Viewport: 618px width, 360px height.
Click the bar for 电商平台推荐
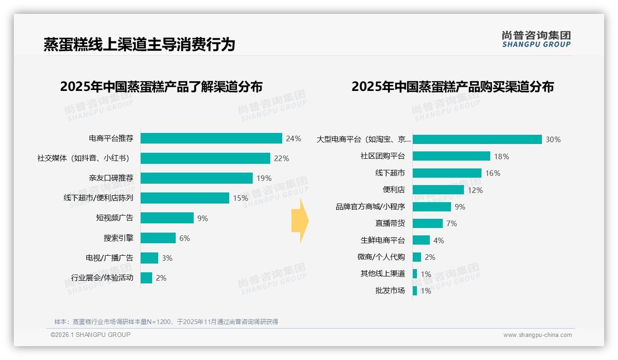tap(211, 138)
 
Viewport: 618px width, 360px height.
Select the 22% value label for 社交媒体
tap(281, 158)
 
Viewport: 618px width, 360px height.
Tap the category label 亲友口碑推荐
tap(111, 178)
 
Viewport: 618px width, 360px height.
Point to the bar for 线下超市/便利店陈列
tap(185, 198)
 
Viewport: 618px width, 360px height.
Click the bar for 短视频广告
tap(167, 218)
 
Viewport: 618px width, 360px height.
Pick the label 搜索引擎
tap(119, 238)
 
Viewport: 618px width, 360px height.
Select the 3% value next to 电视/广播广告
tap(167, 258)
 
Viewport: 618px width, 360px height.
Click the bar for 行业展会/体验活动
tap(146, 278)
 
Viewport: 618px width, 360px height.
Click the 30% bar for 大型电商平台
tap(477, 139)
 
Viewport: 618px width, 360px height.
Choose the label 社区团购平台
tap(383, 156)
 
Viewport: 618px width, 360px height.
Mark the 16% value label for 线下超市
tap(493, 173)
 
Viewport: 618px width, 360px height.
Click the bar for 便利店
tap(438, 190)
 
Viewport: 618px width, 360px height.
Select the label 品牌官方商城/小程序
tap(370, 207)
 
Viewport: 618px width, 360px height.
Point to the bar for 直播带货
tap(428, 223)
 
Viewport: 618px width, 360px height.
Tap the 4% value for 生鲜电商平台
tap(439, 240)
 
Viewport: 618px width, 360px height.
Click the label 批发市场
tap(390, 291)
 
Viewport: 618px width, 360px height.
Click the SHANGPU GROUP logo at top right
tap(536, 39)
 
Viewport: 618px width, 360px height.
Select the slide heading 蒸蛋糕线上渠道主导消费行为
tap(139, 44)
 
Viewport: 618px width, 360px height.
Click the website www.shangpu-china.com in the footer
tap(537, 335)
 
